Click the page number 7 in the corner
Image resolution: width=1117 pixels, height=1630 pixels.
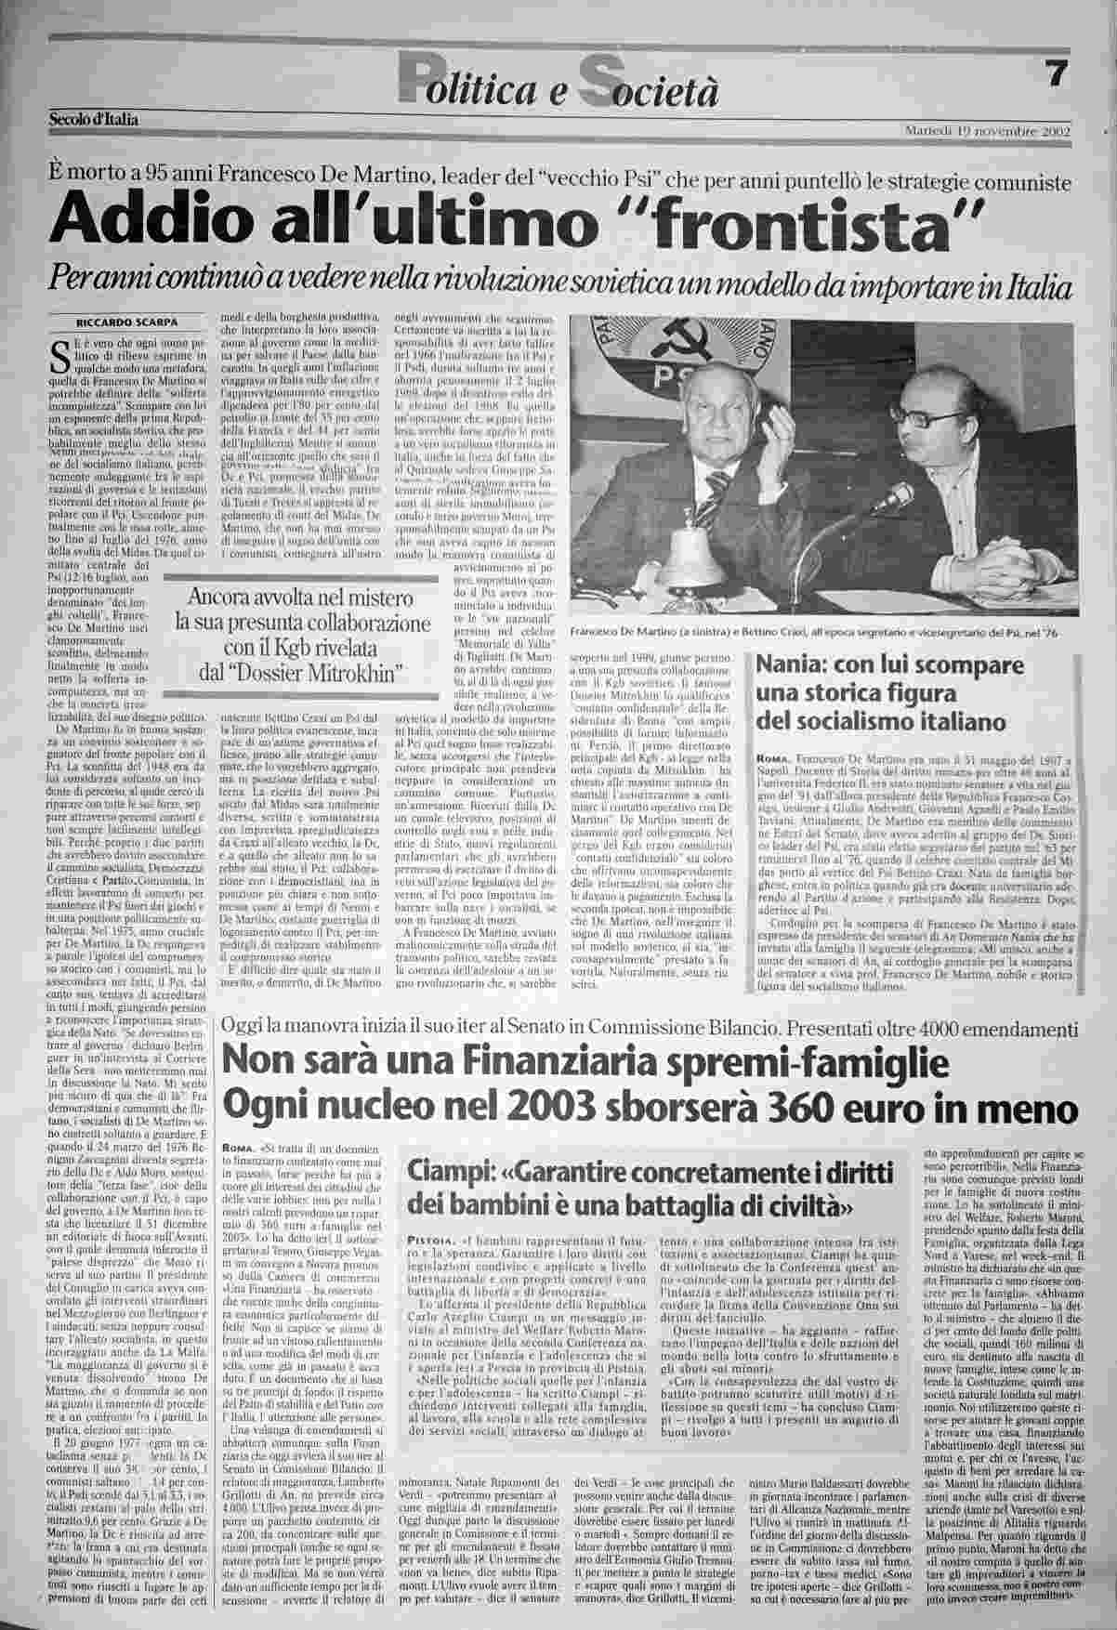click(1054, 75)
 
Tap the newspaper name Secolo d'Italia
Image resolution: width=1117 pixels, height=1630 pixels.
click(94, 119)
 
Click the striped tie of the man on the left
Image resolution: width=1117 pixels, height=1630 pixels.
click(716, 490)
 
